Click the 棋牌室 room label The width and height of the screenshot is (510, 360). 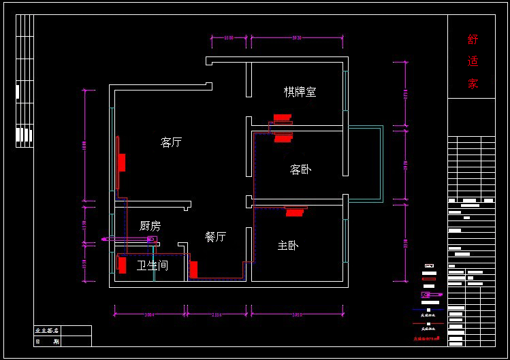tap(300, 91)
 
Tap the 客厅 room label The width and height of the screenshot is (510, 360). tap(171, 142)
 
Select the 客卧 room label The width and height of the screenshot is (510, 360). tap(300, 169)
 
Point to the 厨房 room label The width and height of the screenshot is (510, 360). tap(150, 226)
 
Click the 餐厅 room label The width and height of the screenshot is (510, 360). tap(215, 237)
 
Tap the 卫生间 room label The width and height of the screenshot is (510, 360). tap(153, 265)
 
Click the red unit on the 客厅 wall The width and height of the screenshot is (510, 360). tap(122, 163)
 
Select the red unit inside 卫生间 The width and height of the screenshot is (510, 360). tap(123, 265)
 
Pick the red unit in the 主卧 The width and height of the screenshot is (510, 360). tap(295, 212)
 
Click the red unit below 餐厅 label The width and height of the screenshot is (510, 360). tap(193, 269)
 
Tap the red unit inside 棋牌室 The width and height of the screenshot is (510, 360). tap(282, 117)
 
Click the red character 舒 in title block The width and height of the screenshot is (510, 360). tap(473, 39)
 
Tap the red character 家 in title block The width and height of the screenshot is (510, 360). tap(473, 84)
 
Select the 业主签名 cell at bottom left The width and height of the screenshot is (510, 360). tap(47, 331)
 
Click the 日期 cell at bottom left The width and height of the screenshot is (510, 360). tap(47, 341)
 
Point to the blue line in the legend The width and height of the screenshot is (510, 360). tap(428, 310)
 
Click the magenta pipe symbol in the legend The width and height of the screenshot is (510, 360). tap(431, 295)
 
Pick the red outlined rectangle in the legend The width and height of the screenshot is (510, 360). tap(429, 279)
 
